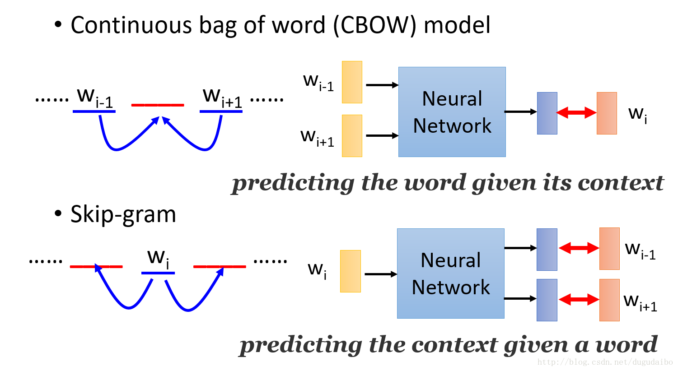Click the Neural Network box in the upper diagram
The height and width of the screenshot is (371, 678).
tap(452, 112)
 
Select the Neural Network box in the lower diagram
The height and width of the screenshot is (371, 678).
tap(450, 274)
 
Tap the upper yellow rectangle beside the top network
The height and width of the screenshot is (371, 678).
tap(352, 82)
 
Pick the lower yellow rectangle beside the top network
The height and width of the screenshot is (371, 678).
tap(352, 136)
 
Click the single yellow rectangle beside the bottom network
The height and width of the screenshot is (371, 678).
tap(350, 271)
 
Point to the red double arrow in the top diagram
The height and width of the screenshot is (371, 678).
tap(577, 113)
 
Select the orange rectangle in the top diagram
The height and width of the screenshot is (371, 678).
tap(607, 113)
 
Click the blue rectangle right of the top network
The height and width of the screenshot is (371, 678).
tap(547, 113)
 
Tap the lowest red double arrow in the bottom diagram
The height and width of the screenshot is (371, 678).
tap(579, 299)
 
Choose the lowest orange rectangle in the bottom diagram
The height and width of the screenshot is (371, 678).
tap(609, 300)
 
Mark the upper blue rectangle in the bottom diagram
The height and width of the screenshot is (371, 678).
tap(547, 250)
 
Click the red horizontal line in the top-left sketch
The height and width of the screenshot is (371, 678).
tap(157, 105)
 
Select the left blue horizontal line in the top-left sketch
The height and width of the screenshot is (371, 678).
tap(94, 111)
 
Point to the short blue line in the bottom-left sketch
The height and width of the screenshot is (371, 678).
tap(158, 273)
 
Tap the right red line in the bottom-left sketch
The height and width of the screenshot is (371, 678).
tap(220, 267)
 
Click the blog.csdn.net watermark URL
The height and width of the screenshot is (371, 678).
tap(605, 362)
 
